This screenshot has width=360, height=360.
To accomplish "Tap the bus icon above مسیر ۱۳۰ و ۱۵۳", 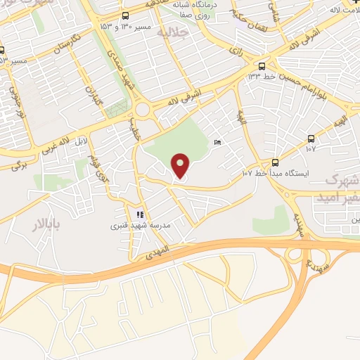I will [125, 15].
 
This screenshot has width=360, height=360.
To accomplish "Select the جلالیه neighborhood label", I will [171, 32].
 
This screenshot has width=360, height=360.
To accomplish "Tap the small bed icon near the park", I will [217, 143].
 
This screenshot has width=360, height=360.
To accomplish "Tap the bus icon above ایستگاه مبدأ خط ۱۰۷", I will [276, 161].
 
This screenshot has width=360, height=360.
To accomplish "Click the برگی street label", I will [18, 167].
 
